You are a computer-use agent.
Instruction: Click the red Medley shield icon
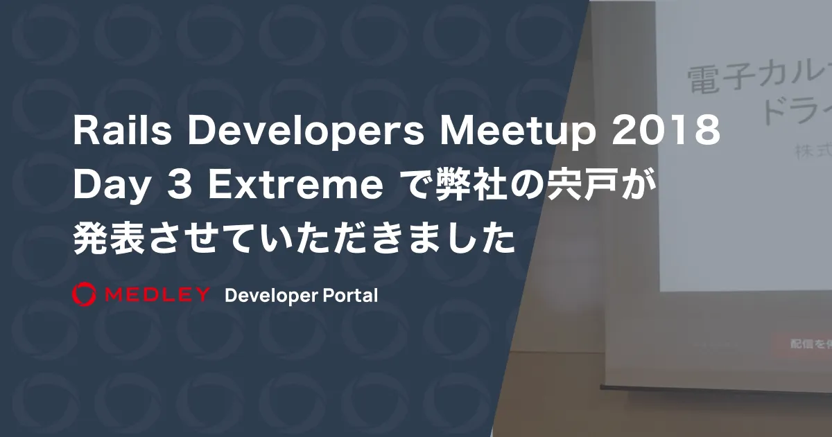click(x=83, y=294)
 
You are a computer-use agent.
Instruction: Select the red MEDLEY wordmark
click(x=157, y=295)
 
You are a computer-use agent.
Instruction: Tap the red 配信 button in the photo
click(x=800, y=344)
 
